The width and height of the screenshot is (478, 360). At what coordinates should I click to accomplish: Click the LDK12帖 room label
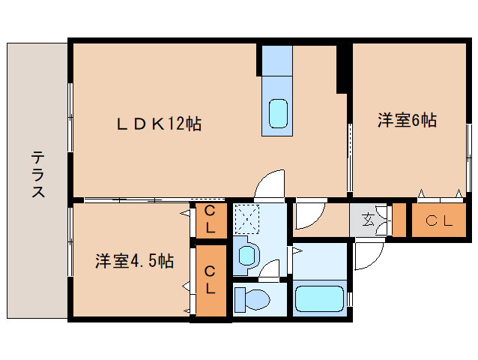pos(159,124)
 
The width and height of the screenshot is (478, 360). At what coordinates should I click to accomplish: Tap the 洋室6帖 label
pos(407,120)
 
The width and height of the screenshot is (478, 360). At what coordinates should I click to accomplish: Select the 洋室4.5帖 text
pos(134,261)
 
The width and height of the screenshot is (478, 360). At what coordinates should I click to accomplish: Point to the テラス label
pos(38,174)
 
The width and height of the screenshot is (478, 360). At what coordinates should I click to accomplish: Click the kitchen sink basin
pos(278,113)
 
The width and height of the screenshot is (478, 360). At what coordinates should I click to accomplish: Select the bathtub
pos(319,298)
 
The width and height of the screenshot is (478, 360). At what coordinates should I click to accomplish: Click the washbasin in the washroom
pos(246,256)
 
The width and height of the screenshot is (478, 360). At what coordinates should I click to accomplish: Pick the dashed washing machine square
pos(246,219)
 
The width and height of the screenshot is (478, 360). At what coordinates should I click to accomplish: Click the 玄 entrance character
pos(369,219)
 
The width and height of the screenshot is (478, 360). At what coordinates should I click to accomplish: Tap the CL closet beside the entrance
pos(439,220)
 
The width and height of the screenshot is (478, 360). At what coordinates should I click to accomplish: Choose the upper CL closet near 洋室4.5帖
pos(211,220)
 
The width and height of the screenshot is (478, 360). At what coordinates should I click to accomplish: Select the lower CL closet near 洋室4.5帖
pos(211,280)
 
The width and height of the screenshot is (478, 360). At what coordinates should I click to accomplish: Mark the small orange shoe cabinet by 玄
pos(399,220)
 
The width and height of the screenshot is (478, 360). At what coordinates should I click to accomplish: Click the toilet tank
pos(240,299)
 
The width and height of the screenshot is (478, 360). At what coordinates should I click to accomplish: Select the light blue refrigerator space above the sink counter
pos(277,61)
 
